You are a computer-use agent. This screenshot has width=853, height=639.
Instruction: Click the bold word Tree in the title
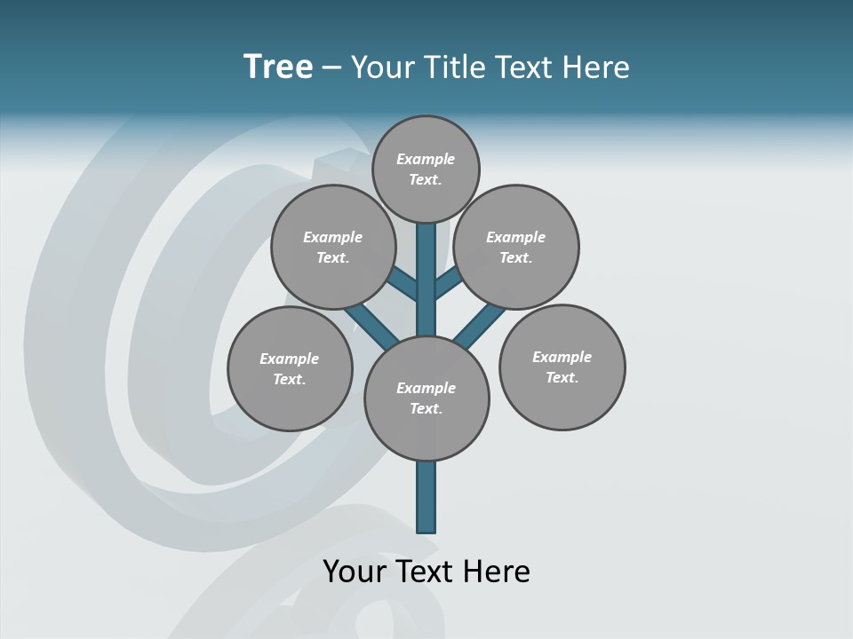(x=278, y=67)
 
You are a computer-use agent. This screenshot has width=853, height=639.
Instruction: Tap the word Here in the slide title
(x=595, y=67)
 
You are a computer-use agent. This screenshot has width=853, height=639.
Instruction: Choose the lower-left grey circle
(x=290, y=399)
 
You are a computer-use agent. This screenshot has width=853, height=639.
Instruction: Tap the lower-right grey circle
(x=562, y=399)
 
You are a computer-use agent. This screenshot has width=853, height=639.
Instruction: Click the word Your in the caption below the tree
(x=355, y=572)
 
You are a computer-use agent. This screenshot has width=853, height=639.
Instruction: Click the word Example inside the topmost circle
(x=426, y=159)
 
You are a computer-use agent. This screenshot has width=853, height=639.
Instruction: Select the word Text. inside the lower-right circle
(x=562, y=377)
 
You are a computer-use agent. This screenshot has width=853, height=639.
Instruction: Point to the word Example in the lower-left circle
(x=289, y=359)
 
